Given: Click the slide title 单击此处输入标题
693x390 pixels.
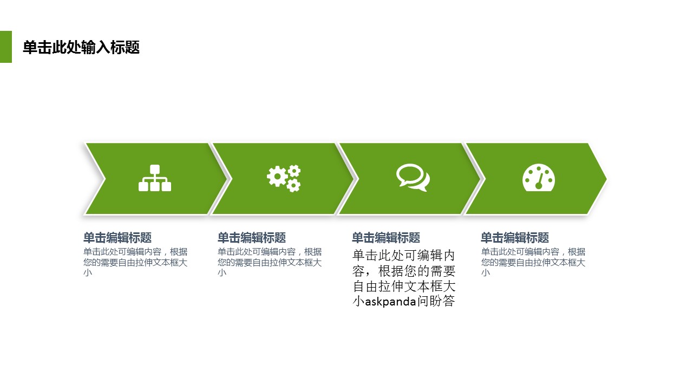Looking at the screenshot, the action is pyautogui.click(x=81, y=47).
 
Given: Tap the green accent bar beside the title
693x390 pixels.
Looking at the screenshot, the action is pyautogui.click(x=6, y=47).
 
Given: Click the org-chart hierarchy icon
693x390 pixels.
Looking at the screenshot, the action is pyautogui.click(x=155, y=178).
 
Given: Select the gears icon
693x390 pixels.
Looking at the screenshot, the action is pyautogui.click(x=284, y=178).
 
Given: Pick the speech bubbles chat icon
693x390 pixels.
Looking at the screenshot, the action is pyautogui.click(x=413, y=178).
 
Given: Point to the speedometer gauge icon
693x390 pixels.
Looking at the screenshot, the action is pyautogui.click(x=539, y=177).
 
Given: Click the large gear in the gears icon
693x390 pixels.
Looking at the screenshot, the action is pyautogui.click(x=277, y=177).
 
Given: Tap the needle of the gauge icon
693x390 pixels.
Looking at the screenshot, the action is pyautogui.click(x=540, y=181).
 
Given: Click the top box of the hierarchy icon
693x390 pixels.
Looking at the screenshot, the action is pyautogui.click(x=155, y=170).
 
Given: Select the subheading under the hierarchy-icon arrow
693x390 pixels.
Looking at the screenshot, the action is pyautogui.click(x=117, y=238).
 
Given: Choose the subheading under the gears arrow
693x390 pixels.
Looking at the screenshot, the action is pyautogui.click(x=252, y=238).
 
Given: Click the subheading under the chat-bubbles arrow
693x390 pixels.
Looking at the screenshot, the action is pyautogui.click(x=386, y=238).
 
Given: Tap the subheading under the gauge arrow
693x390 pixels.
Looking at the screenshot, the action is pyautogui.click(x=515, y=238).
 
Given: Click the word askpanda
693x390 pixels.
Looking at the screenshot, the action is pyautogui.click(x=390, y=302).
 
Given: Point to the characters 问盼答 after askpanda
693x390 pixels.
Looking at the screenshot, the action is pyautogui.click(x=436, y=301).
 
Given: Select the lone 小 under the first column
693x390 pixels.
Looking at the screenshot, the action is pyautogui.click(x=88, y=272).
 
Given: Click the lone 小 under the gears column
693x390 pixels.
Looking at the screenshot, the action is pyautogui.click(x=222, y=272).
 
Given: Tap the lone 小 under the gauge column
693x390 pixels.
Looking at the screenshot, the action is pyautogui.click(x=486, y=272).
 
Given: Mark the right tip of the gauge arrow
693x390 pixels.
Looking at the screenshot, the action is pyautogui.click(x=606, y=179).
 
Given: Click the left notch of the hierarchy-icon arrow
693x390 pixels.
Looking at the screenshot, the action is pyautogui.click(x=105, y=179).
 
